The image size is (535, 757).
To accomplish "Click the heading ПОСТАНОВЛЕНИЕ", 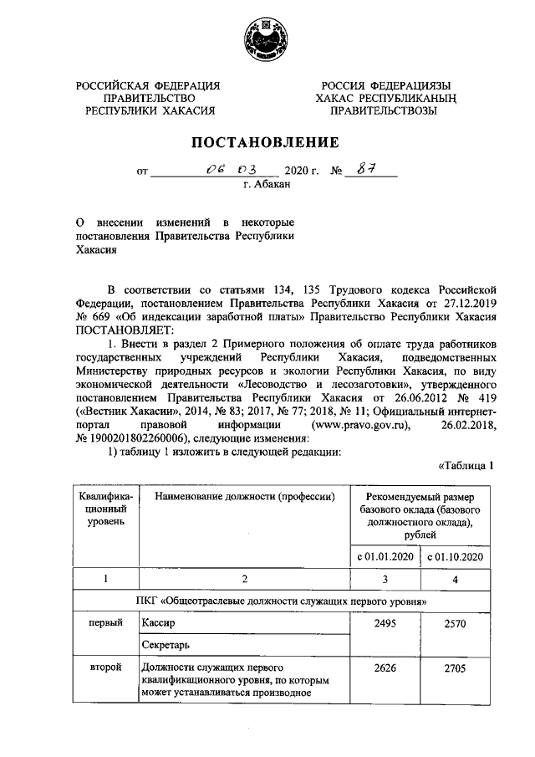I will pos(267,141).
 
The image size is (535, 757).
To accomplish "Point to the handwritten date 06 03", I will pos(224,171).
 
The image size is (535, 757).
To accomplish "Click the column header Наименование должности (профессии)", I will pos(237,497).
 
